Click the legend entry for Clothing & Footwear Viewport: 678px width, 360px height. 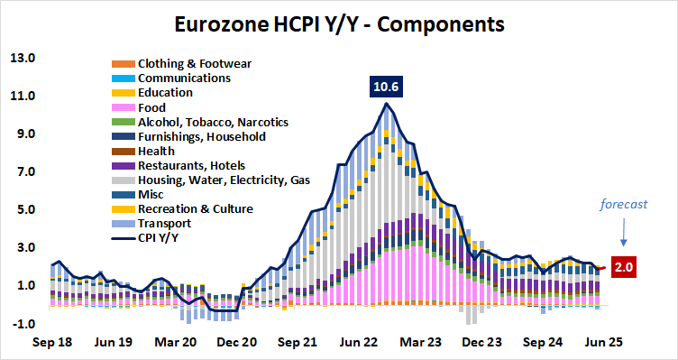point(193,64)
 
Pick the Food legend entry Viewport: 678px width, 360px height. point(152,107)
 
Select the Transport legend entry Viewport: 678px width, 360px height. point(163,224)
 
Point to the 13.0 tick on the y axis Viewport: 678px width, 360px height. point(22,59)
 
